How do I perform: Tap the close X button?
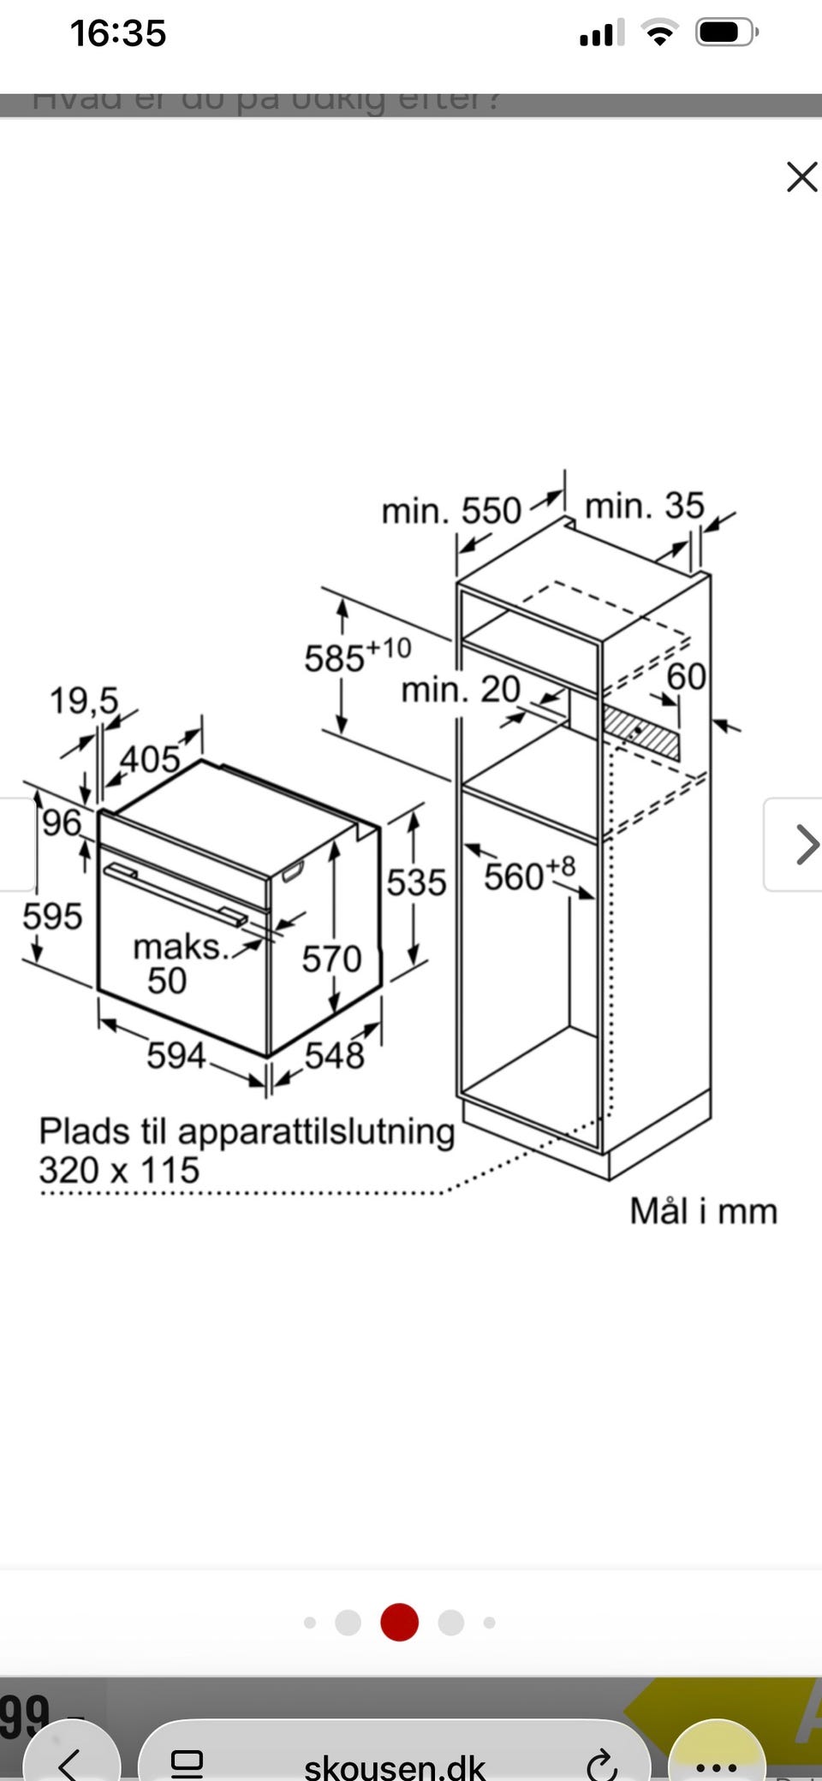click(801, 177)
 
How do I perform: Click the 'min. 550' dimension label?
click(450, 511)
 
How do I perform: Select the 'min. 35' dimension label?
click(644, 506)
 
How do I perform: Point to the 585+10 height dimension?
click(357, 656)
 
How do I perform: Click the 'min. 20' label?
click(461, 689)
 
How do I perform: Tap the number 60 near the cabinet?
click(686, 677)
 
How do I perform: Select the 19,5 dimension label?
click(83, 700)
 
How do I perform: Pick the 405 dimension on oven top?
click(150, 759)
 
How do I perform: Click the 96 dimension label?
click(62, 823)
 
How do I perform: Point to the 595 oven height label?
click(52, 917)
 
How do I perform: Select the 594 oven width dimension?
click(176, 1055)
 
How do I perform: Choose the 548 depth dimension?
click(335, 1055)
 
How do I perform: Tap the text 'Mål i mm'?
click(703, 1211)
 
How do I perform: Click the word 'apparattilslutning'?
click(316, 1131)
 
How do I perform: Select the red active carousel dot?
click(399, 1622)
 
